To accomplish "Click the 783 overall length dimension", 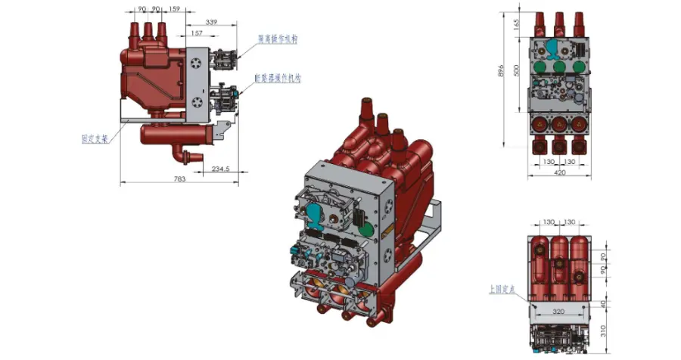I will pyautogui.click(x=179, y=178).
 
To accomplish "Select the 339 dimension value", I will pyautogui.click(x=211, y=23).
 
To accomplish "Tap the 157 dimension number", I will pyautogui.click(x=197, y=33).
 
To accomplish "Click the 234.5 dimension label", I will pyautogui.click(x=221, y=168).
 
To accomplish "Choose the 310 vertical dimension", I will pyautogui.click(x=605, y=331).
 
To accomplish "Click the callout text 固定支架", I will pyautogui.click(x=94, y=139).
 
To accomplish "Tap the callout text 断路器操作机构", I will pyautogui.click(x=278, y=78).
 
